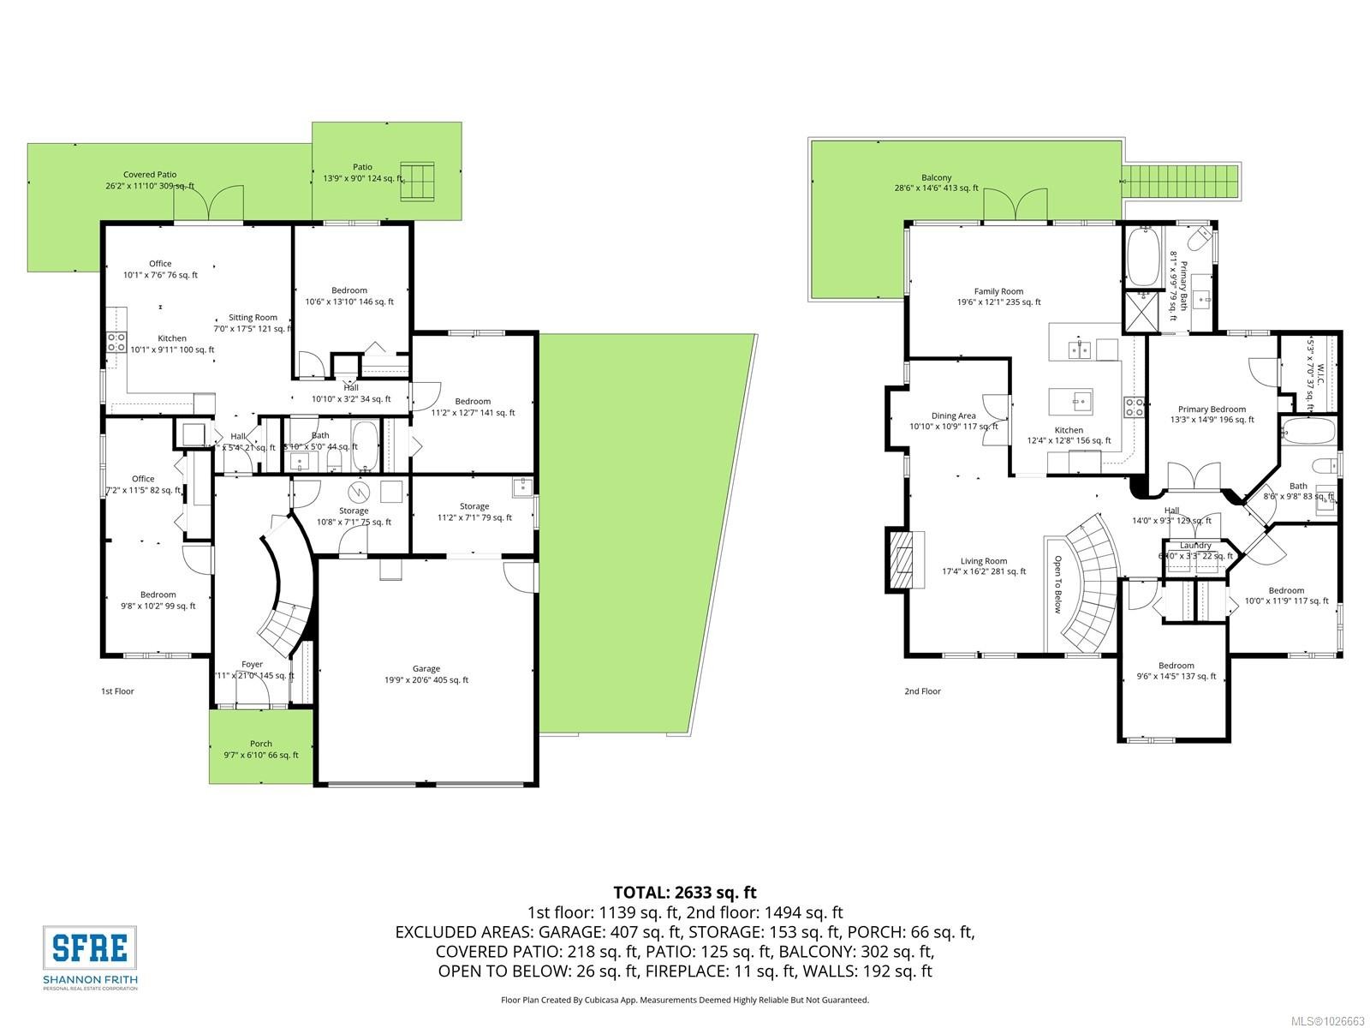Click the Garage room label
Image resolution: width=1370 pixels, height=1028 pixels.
426,669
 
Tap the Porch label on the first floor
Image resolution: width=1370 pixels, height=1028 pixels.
261,744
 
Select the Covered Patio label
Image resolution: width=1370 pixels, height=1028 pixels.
150,175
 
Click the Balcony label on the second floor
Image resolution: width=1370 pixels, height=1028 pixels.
937,178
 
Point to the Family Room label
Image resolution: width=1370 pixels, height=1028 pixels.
998,291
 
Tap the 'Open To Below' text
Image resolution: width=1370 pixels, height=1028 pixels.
1057,584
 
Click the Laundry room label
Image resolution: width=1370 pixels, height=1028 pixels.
1195,546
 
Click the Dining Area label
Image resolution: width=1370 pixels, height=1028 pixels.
954,416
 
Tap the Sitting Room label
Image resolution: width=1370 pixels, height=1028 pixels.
253,318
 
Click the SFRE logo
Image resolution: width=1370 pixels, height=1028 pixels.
90,947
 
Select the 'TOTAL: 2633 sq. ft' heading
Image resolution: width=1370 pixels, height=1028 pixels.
684,893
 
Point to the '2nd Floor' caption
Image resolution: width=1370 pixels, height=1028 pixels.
922,691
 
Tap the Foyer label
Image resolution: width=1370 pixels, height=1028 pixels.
252,664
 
